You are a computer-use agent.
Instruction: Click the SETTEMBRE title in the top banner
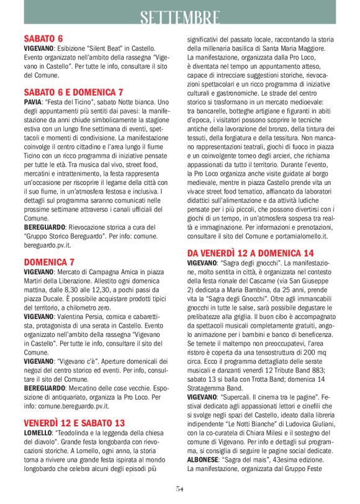[179, 17]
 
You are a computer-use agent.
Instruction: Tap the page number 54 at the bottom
[179, 489]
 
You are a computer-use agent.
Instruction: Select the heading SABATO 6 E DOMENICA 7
[74, 91]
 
